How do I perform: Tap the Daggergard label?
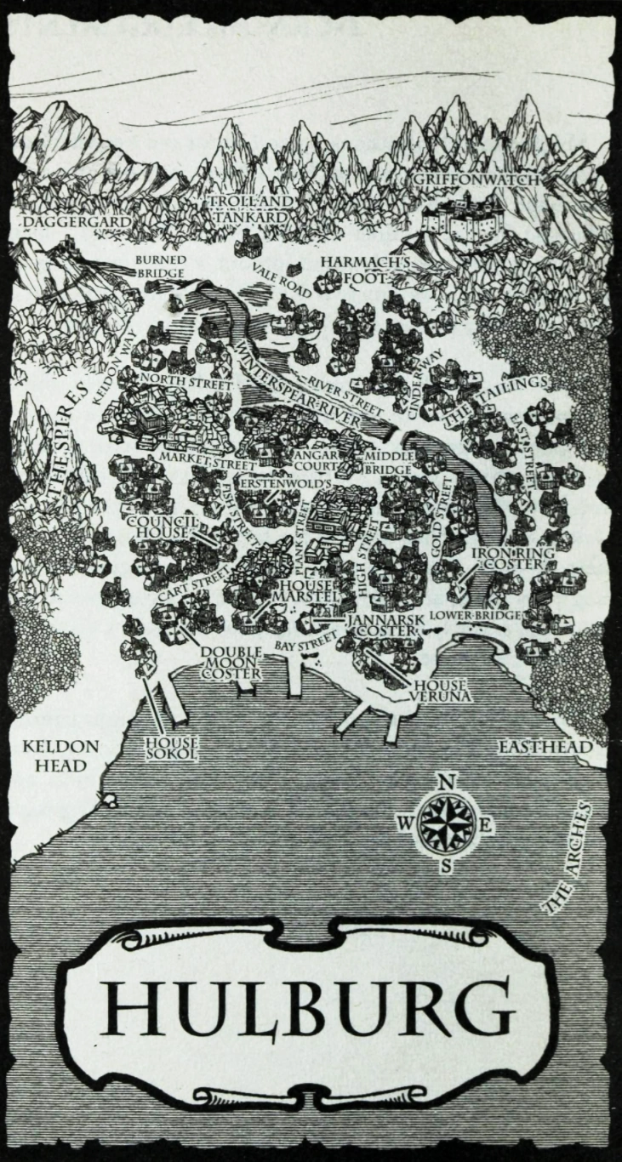coord(77,222)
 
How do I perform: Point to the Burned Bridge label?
coord(159,267)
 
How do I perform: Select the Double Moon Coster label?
coord(230,663)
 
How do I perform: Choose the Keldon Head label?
coord(60,755)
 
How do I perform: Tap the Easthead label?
coord(545,747)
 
